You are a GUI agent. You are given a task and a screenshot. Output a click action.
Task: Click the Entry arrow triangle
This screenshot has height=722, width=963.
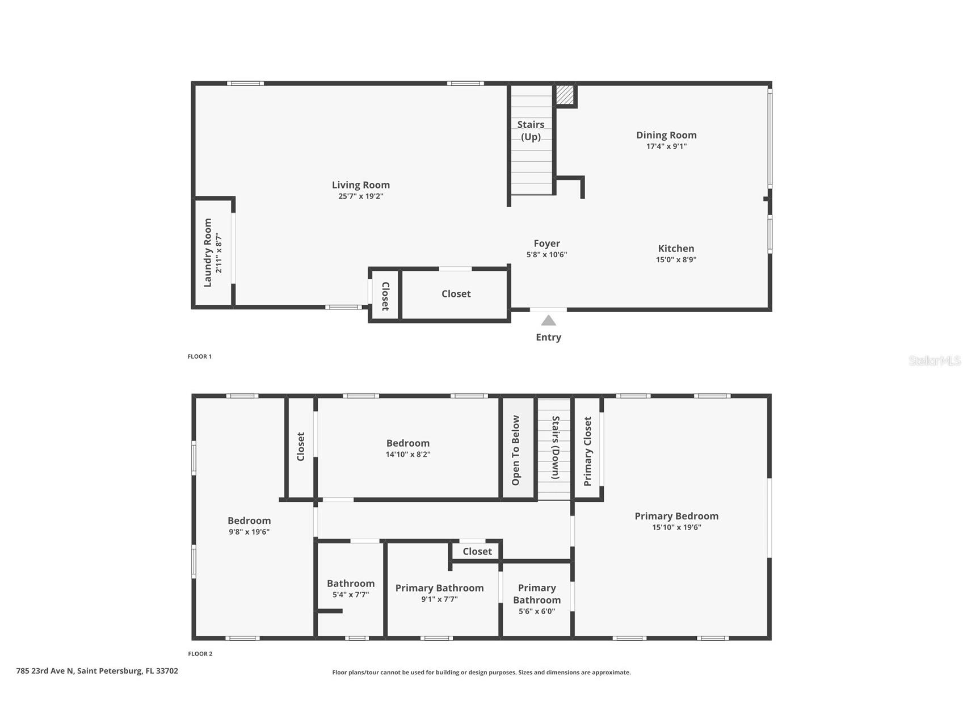tap(548, 321)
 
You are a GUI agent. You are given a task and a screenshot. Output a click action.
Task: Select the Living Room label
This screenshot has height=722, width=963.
tap(361, 185)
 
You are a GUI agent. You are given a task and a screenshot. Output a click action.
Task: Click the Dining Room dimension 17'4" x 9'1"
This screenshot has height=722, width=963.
tap(666, 146)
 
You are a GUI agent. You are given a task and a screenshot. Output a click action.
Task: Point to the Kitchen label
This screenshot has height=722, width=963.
tap(676, 249)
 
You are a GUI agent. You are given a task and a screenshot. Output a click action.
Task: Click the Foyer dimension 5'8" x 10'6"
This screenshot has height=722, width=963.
tap(546, 255)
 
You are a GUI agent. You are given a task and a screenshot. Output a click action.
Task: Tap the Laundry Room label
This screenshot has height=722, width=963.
tap(208, 253)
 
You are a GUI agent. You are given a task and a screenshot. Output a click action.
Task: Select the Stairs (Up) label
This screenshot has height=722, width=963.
tap(531, 131)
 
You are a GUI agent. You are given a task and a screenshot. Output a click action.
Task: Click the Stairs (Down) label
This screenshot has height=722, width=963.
tap(556, 448)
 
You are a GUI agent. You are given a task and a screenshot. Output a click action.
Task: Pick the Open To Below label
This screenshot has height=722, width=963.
tap(516, 451)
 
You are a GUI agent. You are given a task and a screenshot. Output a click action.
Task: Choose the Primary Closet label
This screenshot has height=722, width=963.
tap(588, 451)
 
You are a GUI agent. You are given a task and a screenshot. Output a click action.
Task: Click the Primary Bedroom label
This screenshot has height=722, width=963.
tap(676, 516)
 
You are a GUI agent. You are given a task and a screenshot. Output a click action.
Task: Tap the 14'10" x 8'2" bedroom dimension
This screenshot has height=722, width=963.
tap(408, 454)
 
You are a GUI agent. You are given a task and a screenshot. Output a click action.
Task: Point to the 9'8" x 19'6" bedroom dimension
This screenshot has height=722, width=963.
tap(249, 532)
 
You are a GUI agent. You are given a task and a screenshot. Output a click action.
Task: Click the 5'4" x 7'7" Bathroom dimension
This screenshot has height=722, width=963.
tap(351, 595)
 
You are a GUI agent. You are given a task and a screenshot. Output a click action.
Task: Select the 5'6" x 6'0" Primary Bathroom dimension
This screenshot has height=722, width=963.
tap(537, 611)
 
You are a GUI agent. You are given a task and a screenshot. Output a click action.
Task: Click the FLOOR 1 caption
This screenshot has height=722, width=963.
tap(200, 356)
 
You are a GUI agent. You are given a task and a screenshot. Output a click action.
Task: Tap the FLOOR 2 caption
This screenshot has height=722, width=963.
tap(200, 654)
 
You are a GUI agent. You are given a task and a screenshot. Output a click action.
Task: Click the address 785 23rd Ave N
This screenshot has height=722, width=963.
tap(97, 671)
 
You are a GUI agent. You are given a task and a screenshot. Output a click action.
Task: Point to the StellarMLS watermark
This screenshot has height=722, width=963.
tap(934, 360)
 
